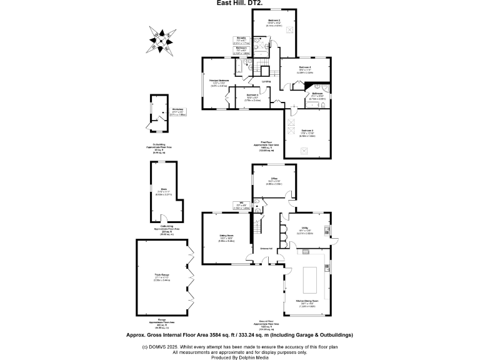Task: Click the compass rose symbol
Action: [161, 39]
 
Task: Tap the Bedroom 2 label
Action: [274, 21]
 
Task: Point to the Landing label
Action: [266, 81]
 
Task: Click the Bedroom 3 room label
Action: [307, 130]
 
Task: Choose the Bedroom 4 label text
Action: [305, 67]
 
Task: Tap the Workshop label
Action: [177, 109]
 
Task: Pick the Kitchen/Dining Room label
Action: [307, 301]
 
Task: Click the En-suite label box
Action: [241, 39]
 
